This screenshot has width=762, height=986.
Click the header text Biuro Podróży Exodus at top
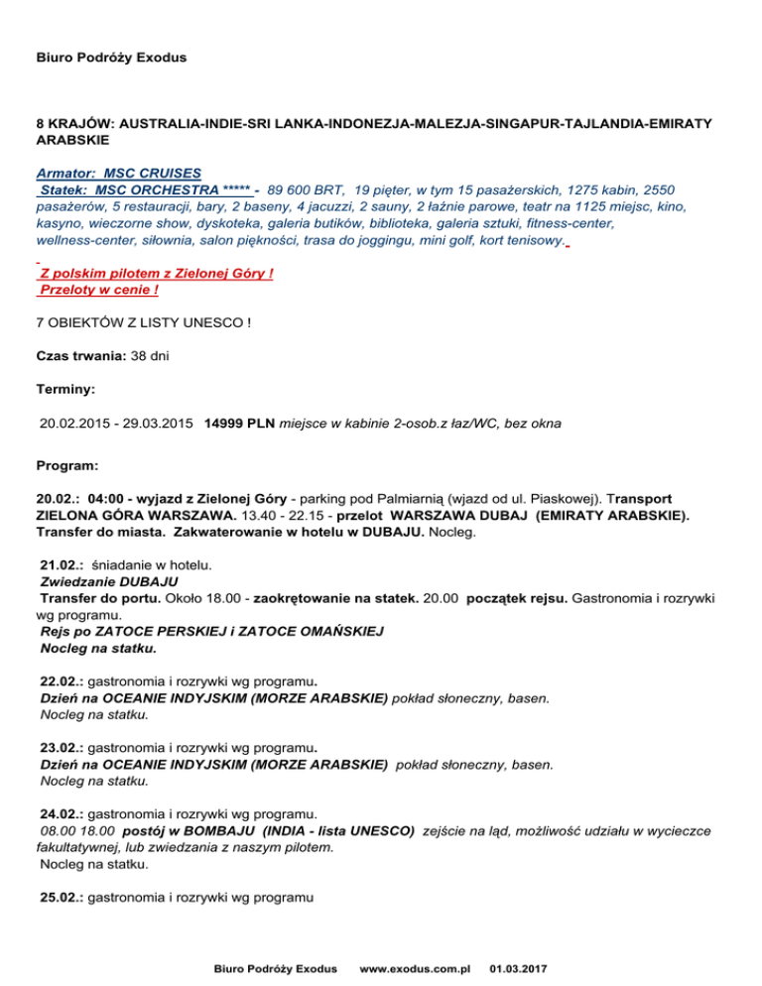click(111, 59)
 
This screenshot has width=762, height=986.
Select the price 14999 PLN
click(238, 424)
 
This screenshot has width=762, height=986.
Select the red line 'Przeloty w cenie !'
click(97, 289)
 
